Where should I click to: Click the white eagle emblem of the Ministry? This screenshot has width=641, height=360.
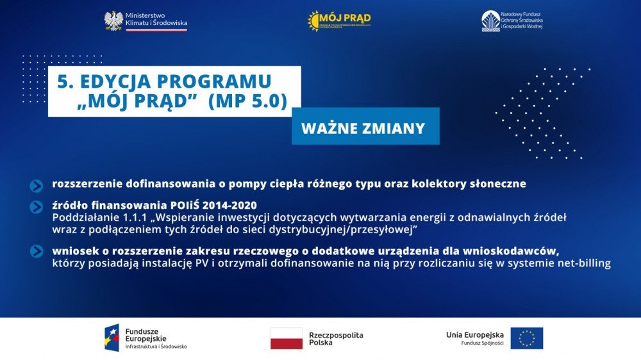coord(113,21)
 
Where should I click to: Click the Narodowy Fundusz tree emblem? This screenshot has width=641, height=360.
coord(491,20)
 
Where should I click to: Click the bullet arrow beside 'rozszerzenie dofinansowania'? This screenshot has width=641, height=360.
coord(37,185)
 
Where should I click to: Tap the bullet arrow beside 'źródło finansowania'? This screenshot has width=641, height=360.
coord(37,207)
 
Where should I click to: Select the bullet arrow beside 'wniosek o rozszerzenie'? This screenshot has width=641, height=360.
coord(37,252)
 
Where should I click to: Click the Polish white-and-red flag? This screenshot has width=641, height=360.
coord(286,338)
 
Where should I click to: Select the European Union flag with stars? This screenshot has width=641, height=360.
coord(526,338)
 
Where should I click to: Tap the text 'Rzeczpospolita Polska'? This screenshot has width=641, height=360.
coord(336,339)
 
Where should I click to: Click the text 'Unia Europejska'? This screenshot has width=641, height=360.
coord(475,334)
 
